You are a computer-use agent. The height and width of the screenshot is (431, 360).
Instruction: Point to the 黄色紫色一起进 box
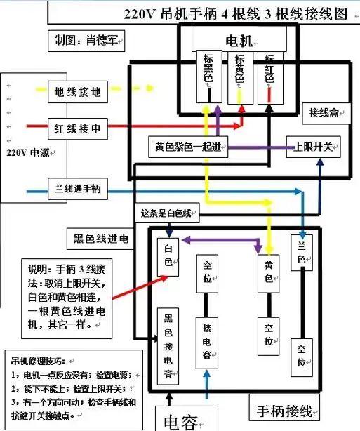click(191, 148)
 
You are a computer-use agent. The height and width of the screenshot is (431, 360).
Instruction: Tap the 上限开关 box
click(314, 148)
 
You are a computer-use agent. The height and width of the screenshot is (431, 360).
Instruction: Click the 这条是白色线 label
click(166, 213)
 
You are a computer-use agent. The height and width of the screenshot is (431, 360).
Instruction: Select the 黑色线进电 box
click(101, 239)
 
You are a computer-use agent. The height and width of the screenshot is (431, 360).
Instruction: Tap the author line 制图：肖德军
click(84, 42)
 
